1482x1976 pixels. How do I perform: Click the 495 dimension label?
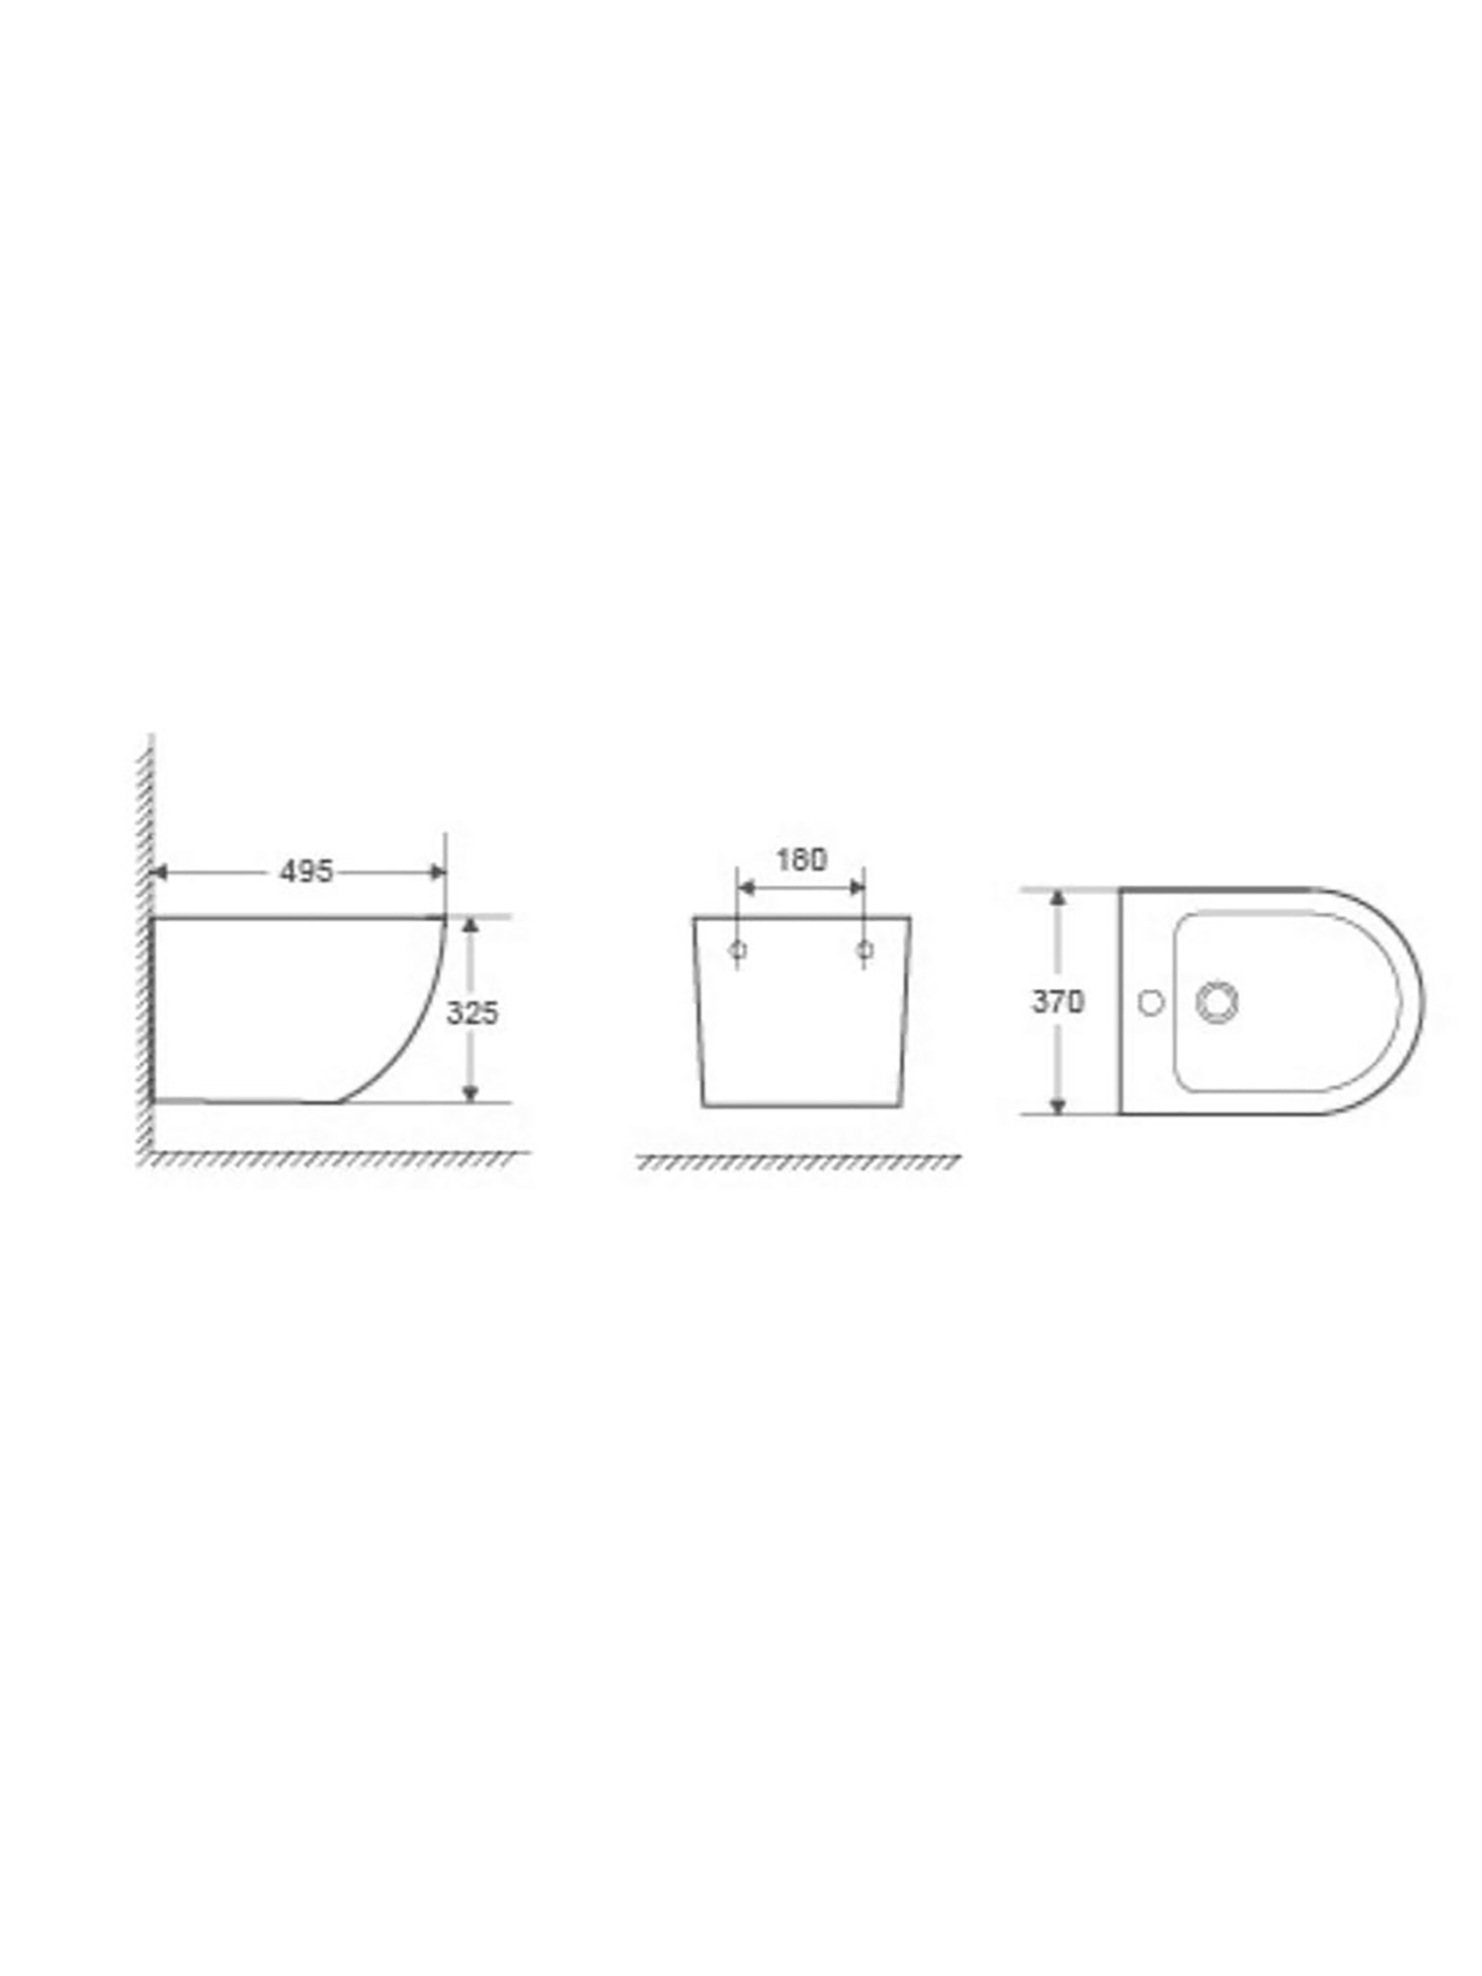click(306, 871)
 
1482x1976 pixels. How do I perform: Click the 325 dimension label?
click(472, 1013)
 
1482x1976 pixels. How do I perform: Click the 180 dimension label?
click(800, 861)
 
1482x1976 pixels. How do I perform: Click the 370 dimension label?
click(1057, 1002)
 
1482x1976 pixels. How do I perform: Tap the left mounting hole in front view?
click(737, 950)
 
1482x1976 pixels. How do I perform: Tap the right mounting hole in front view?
click(864, 950)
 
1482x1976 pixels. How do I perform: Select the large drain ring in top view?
click(1216, 1002)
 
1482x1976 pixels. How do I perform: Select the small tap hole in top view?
click(1150, 1003)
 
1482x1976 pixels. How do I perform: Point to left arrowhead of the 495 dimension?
click(158, 871)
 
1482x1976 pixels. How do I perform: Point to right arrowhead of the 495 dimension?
click(438, 871)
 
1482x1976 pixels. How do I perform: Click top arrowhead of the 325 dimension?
click(470, 926)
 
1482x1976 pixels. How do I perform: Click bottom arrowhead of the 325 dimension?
click(470, 1092)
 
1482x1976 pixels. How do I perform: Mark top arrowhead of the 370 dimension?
click(1057, 898)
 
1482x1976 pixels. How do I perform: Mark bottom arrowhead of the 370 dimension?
click(1057, 1105)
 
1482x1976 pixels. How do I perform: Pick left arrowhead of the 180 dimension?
click(746, 887)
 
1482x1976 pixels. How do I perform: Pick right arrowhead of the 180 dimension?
click(857, 887)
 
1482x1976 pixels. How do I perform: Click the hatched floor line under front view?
click(798, 1162)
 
